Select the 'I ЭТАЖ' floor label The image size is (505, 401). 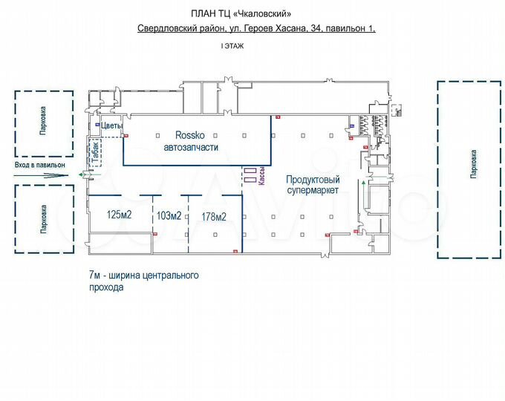232,46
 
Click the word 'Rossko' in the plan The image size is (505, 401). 191,135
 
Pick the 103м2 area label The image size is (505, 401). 169,216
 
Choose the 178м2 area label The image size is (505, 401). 214,217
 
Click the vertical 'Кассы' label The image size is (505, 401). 262,176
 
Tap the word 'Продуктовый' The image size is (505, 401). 313,179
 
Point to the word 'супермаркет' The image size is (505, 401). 313,190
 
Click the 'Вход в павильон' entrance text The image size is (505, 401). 39,164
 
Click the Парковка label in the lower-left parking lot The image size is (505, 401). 43,219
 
